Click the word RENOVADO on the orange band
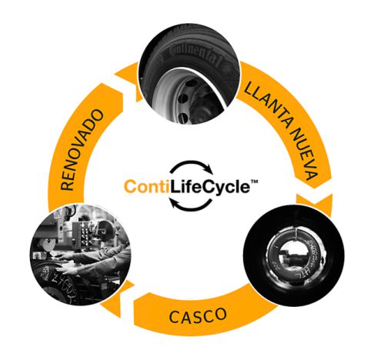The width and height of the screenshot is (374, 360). click(x=82, y=150)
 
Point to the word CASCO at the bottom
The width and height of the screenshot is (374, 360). click(x=198, y=315)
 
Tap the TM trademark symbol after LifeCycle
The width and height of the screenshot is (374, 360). click(x=254, y=182)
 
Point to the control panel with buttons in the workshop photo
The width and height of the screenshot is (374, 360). click(x=85, y=234)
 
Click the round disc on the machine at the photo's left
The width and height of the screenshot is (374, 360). click(x=48, y=245)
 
